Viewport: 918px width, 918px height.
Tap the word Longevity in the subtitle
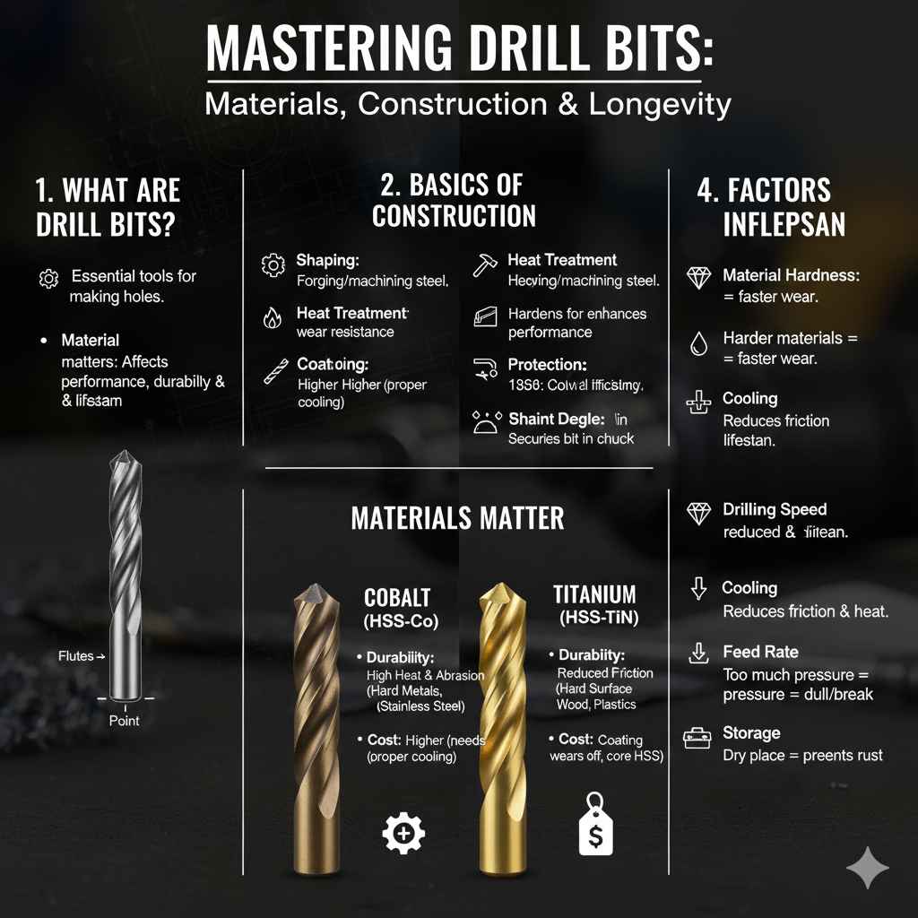click(x=660, y=104)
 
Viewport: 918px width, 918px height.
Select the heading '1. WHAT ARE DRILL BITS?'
click(x=108, y=206)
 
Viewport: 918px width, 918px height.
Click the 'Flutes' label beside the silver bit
click(x=76, y=656)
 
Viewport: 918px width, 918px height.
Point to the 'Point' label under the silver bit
click(x=124, y=720)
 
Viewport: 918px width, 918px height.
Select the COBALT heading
click(x=397, y=598)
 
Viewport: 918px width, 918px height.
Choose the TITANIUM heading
click(x=594, y=594)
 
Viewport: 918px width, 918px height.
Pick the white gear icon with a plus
click(x=403, y=833)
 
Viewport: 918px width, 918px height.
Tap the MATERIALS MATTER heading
click(x=457, y=518)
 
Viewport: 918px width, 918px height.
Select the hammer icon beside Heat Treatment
click(x=484, y=264)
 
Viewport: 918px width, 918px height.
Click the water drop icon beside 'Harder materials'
click(x=698, y=343)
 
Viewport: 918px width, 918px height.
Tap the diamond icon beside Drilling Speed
click(x=698, y=513)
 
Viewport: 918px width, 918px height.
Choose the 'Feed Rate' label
click(x=760, y=652)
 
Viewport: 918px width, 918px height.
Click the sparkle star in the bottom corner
click(x=868, y=868)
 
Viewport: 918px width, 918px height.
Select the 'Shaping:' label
click(x=327, y=260)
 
